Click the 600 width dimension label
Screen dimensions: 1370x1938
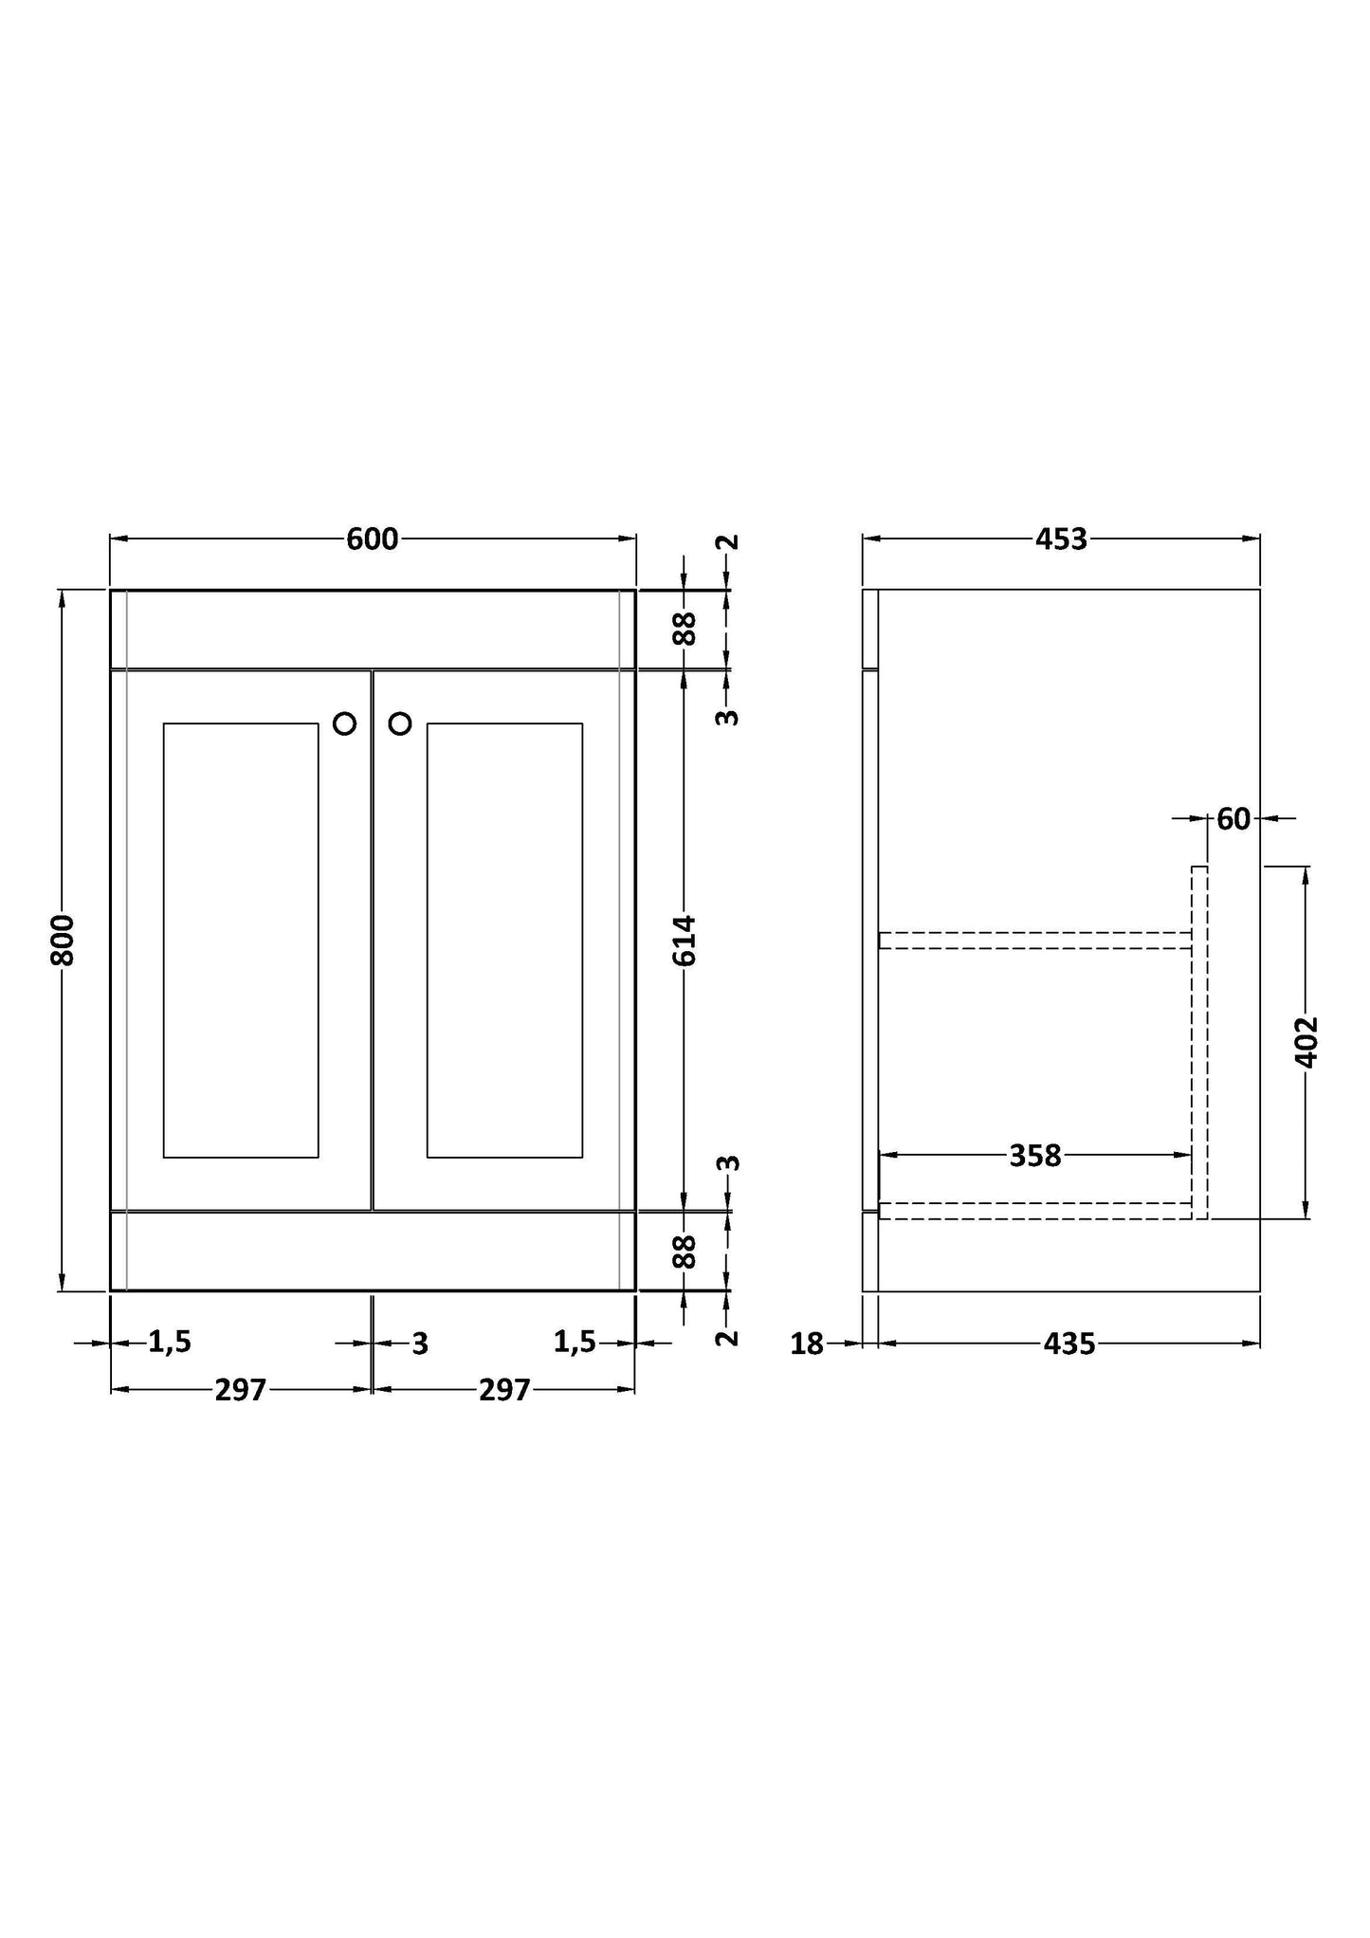373,539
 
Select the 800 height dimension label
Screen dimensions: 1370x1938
63,940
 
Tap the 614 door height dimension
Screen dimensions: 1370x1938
685,940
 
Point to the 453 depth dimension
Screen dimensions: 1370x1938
1061,539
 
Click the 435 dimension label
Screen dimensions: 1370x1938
1069,1344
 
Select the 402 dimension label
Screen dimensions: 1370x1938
1306,1042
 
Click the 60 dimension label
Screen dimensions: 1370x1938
1233,818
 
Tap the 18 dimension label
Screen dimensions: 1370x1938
807,1344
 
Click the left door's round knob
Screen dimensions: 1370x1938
345,723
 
